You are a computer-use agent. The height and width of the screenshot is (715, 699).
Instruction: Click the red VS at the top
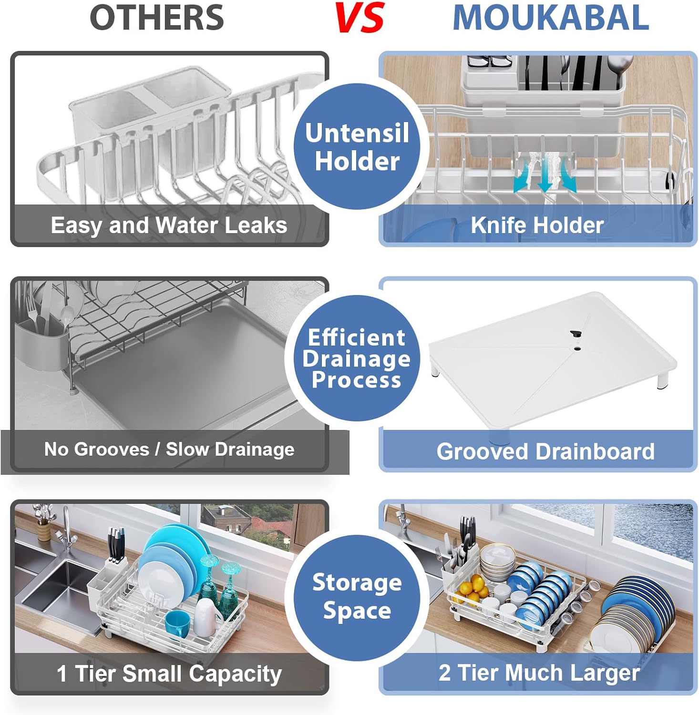(x=360, y=18)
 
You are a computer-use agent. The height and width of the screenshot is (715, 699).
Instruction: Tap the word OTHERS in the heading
(x=157, y=18)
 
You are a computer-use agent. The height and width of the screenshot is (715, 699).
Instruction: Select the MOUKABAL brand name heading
(x=551, y=18)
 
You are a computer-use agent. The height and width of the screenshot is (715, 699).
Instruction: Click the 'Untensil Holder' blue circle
(x=357, y=146)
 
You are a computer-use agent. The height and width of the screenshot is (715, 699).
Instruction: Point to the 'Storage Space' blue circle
(x=357, y=597)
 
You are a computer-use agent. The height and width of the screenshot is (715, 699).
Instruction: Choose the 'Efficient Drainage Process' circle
(x=357, y=358)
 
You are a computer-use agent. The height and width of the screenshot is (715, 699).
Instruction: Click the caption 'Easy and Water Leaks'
(x=169, y=225)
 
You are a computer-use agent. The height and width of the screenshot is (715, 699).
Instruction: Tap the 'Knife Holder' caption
(x=537, y=225)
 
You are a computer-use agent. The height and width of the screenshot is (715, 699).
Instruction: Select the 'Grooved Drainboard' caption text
(x=545, y=451)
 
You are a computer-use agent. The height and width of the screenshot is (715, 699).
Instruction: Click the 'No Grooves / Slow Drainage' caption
(x=169, y=449)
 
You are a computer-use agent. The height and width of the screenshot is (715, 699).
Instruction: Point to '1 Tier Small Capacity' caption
(x=169, y=674)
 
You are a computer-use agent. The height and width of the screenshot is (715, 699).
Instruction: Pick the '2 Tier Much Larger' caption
(x=539, y=673)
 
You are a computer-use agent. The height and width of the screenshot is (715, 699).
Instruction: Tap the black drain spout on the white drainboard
(x=576, y=334)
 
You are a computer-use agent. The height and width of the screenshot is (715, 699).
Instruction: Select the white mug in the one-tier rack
(x=207, y=618)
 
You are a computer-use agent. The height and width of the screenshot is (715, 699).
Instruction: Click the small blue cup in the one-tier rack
(x=178, y=624)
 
